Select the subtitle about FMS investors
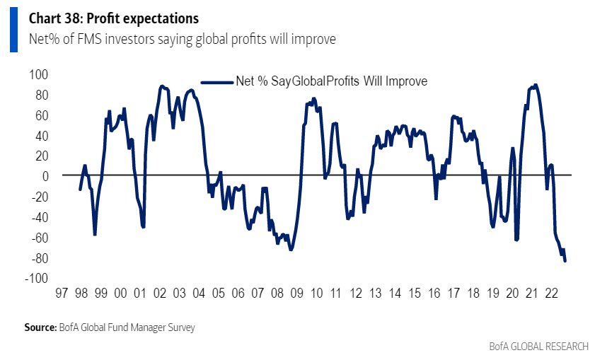pyautogui.click(x=182, y=39)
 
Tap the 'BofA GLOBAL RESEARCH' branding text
pyautogui.click(x=538, y=347)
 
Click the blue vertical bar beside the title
pyautogui.click(x=13, y=30)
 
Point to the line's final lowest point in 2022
pyautogui.click(x=565, y=261)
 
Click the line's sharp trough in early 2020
pyautogui.click(x=517, y=240)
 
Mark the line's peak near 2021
pyautogui.click(x=536, y=85)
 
